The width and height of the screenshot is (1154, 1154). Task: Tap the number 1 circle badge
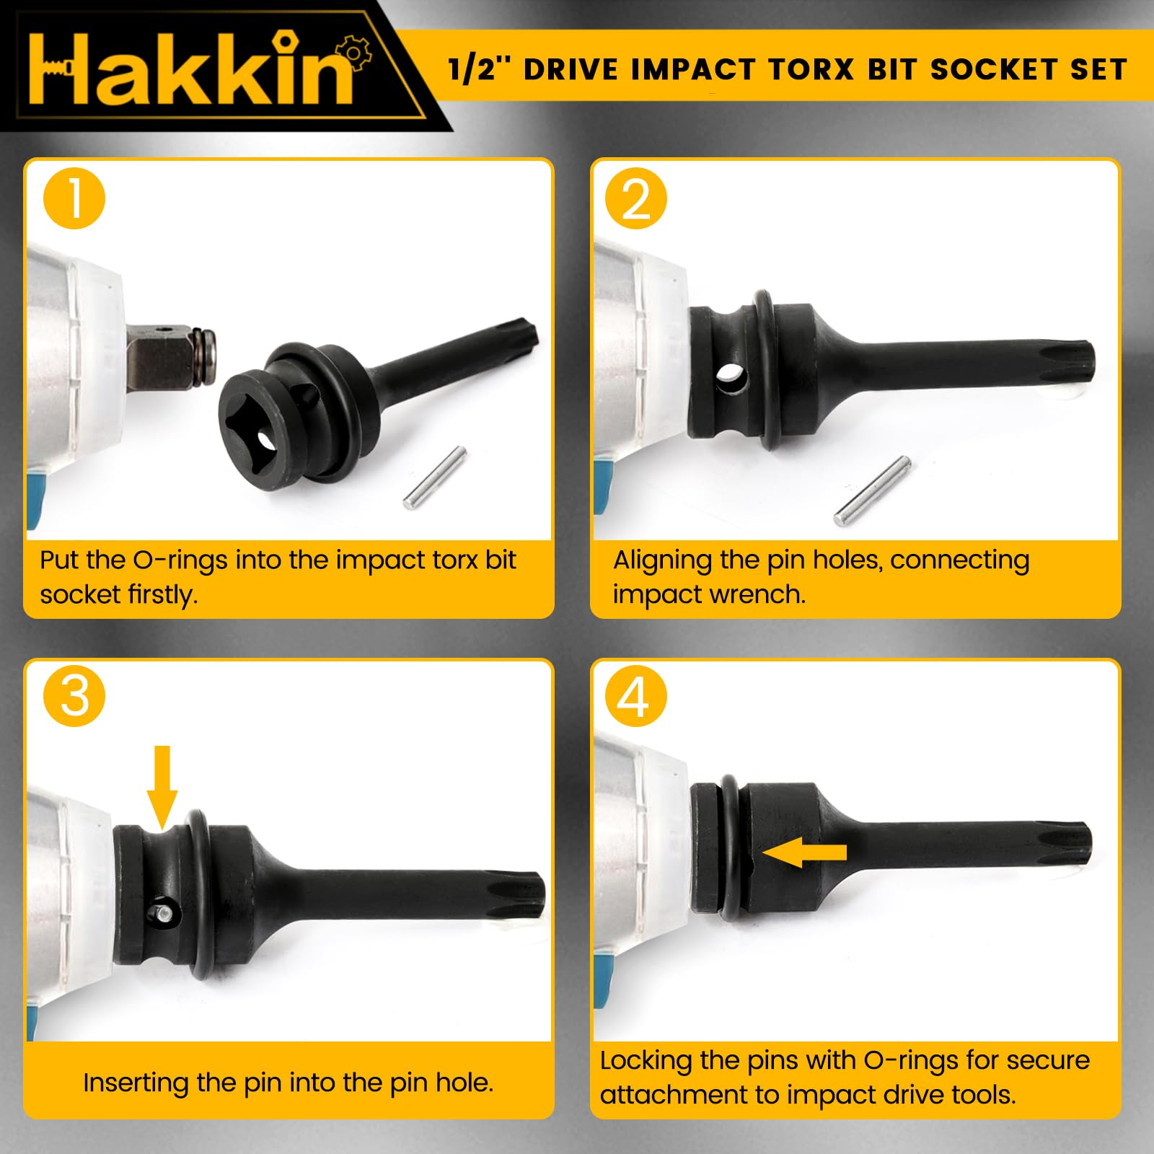coord(74,198)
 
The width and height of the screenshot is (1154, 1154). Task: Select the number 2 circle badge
coord(635,198)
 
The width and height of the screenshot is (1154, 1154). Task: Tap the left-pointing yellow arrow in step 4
coord(804,853)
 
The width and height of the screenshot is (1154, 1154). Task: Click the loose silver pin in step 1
coord(434,477)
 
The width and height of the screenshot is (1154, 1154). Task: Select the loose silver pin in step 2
coord(871,490)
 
